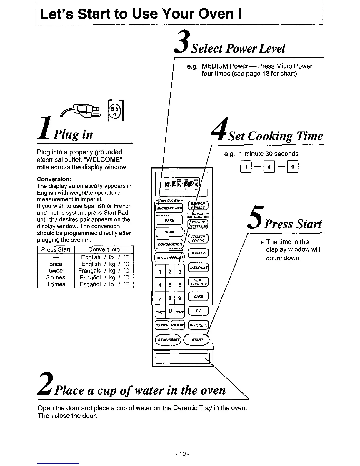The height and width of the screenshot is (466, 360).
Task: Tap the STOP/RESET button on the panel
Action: click(x=169, y=340)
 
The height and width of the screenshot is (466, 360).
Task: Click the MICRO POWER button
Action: click(x=169, y=208)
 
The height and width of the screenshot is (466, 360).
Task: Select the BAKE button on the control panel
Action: click(x=169, y=220)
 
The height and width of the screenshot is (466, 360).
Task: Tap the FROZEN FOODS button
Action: click(x=198, y=239)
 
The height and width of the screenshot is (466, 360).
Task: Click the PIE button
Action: click(x=198, y=311)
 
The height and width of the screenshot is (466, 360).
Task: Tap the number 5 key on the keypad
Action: click(x=170, y=285)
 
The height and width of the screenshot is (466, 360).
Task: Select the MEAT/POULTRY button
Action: click(x=198, y=282)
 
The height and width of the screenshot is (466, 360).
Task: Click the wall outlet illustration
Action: click(x=116, y=111)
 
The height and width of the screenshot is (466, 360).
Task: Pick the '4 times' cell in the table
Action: click(x=56, y=284)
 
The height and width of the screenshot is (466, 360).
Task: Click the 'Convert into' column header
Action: click(x=104, y=249)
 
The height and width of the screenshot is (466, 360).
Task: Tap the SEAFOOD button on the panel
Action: click(x=199, y=253)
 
